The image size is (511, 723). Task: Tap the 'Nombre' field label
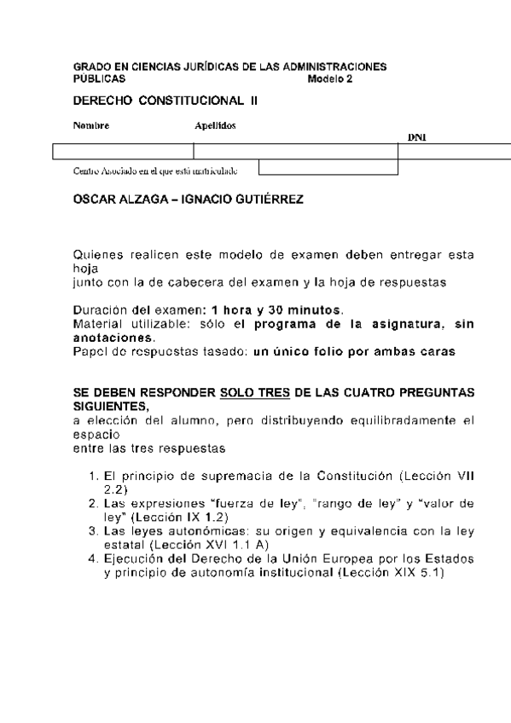pos(90,125)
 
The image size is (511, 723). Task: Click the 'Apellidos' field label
pos(215,125)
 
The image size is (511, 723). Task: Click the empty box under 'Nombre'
pos(123,151)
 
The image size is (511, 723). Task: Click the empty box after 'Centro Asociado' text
pos(328,167)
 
